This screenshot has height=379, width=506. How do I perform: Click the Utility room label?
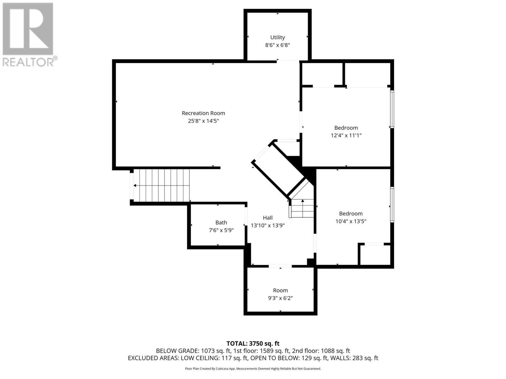[x=277, y=37]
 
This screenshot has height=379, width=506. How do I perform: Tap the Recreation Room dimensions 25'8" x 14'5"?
[x=203, y=121]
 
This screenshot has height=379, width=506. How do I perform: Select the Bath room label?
[x=221, y=223]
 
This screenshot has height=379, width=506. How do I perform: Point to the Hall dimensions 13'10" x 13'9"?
[x=268, y=226]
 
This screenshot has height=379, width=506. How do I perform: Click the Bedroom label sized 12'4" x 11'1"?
[x=346, y=128]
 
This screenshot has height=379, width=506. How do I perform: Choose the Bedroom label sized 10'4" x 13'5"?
[x=351, y=214]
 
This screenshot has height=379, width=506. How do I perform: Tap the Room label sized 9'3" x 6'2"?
[x=280, y=291]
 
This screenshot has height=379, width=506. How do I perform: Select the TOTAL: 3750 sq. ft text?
[x=253, y=343]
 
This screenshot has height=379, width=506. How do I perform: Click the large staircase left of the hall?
[x=161, y=185]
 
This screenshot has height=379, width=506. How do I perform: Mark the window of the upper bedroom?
[x=392, y=109]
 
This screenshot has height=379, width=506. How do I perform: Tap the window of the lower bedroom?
[x=392, y=204]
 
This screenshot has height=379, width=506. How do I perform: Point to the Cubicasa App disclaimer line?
[x=253, y=369]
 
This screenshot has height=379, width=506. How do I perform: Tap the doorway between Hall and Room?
[x=280, y=266]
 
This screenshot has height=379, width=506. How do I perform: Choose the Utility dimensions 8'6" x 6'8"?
[x=277, y=45]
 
